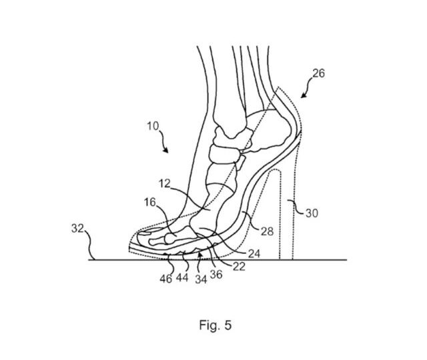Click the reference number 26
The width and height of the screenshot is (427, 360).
[x=318, y=73]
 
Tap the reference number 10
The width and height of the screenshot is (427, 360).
[x=153, y=126]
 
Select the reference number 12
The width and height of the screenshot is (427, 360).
[x=165, y=184]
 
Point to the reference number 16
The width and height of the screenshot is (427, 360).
[x=149, y=202]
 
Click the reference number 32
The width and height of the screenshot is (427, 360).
[x=77, y=228]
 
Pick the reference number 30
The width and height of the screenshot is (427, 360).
[x=312, y=213]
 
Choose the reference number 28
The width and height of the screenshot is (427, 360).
[x=267, y=231]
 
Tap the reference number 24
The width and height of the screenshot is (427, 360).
[x=254, y=253]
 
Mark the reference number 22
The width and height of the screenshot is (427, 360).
[x=239, y=267]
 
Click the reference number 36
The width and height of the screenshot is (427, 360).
[x=216, y=274]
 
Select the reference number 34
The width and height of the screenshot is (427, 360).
[x=201, y=279]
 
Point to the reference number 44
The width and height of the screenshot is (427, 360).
[x=182, y=277]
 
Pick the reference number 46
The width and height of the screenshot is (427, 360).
[x=166, y=279]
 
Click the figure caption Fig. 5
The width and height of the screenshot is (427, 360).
[x=216, y=325]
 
